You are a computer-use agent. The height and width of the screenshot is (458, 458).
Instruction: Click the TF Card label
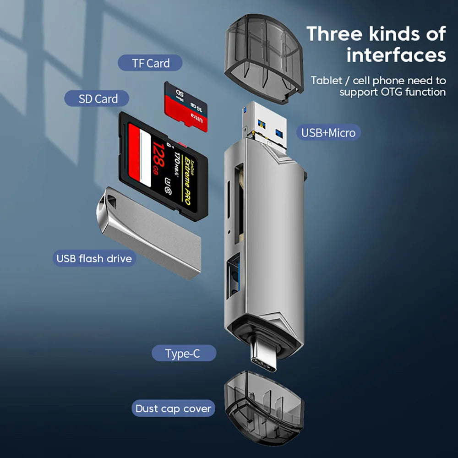[x=150, y=63]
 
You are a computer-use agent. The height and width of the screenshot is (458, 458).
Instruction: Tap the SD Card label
[x=98, y=99]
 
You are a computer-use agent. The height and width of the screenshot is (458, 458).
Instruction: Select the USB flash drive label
[x=94, y=258]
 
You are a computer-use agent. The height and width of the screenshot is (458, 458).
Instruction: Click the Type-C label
[x=183, y=354]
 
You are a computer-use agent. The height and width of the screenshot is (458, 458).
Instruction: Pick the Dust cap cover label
[x=173, y=408]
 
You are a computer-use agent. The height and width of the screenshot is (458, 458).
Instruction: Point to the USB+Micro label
[x=328, y=133]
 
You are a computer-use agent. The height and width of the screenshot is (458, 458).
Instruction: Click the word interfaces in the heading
[x=396, y=55]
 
